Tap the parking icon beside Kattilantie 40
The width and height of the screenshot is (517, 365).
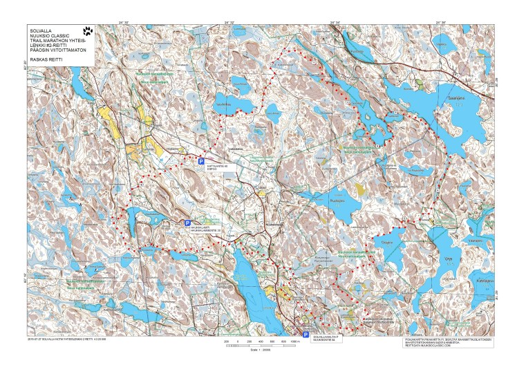click(202, 160)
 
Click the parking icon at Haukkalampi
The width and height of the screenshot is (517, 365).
click(187, 223)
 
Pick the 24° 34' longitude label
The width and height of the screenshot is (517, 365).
click(335, 22)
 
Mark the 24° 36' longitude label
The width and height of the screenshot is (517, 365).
click(440, 22)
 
